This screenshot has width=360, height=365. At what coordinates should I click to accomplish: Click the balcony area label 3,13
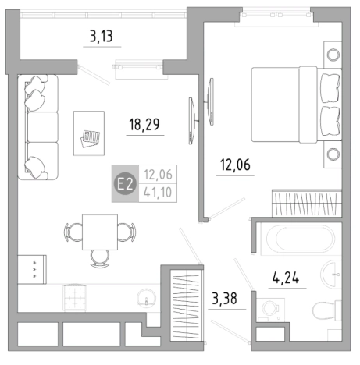click(102, 36)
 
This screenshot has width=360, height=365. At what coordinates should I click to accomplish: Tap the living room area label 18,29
click(144, 124)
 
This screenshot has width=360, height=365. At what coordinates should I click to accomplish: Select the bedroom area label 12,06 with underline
click(235, 165)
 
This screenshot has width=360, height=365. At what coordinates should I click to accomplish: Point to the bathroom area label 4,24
click(286, 277)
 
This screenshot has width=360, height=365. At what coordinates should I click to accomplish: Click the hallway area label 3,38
click(225, 298)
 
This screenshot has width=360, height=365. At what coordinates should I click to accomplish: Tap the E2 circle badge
click(126, 184)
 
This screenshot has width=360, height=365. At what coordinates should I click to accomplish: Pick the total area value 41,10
click(158, 193)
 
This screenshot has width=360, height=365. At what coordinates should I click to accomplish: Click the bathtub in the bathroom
click(301, 239)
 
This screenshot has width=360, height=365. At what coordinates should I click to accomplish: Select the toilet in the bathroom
click(326, 310)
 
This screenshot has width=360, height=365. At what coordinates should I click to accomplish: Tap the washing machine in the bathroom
click(270, 310)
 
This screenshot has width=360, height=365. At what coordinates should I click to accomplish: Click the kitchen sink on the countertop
click(147, 299)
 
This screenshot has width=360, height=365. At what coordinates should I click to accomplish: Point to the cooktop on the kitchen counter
click(75, 297)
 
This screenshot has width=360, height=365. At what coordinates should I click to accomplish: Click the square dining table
click(100, 232)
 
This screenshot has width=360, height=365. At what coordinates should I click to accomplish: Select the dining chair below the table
click(100, 258)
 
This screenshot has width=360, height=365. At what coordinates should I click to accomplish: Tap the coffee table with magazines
click(89, 133)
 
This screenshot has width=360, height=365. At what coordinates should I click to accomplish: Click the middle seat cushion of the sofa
click(42, 127)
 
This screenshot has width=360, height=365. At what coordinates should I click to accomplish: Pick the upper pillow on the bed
click(330, 88)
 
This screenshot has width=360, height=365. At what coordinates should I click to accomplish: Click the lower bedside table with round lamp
click(333, 154)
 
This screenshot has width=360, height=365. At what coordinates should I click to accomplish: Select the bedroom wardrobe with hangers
click(307, 203)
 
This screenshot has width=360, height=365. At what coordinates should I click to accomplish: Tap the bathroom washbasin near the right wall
click(331, 274)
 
